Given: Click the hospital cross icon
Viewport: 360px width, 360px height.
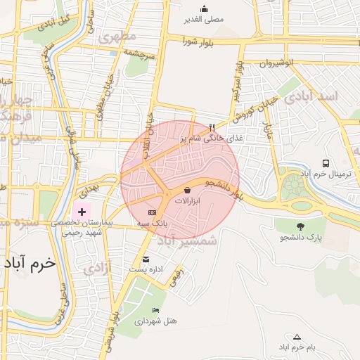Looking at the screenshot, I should (x=82, y=211).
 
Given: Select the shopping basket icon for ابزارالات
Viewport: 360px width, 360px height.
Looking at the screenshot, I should (x=187, y=190).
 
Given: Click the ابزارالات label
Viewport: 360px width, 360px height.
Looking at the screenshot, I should (x=187, y=201).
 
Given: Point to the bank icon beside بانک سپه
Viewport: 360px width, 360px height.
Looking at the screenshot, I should (x=151, y=212).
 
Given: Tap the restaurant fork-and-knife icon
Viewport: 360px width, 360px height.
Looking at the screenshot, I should (x=212, y=127).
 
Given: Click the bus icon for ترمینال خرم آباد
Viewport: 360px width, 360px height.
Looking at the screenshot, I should (x=326, y=163).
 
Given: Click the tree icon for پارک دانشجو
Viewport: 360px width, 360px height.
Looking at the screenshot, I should (x=302, y=226).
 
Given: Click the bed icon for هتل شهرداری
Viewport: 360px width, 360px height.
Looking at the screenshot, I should (x=155, y=310).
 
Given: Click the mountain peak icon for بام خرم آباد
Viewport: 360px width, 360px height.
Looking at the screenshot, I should (x=297, y=337).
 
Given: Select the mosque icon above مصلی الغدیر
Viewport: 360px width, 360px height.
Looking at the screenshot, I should (x=204, y=9).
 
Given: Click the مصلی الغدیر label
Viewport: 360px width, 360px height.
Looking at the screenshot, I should (x=204, y=20).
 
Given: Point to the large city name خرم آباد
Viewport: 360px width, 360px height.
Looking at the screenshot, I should (x=29, y=264).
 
